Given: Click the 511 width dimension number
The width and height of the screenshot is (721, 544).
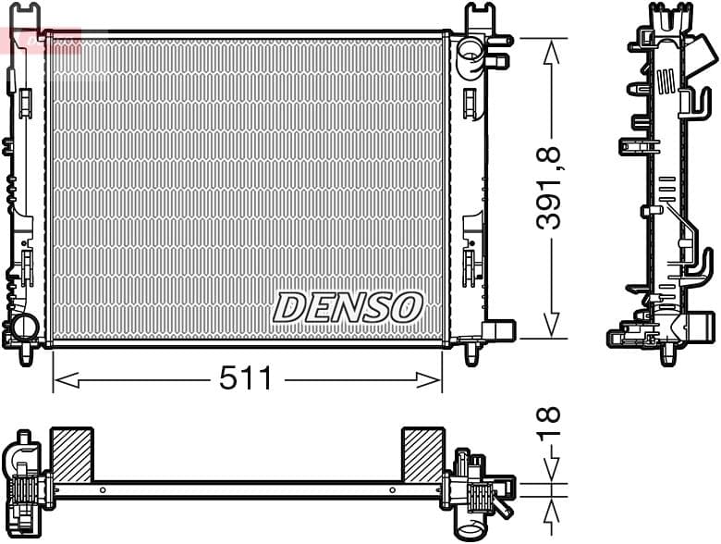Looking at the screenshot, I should coord(245,378).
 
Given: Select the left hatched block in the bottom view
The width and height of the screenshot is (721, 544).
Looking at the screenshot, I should coord(71,454).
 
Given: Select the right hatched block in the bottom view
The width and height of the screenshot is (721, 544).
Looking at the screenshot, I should coord(422,454).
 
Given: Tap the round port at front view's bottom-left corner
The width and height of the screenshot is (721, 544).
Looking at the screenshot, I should coord(22,328).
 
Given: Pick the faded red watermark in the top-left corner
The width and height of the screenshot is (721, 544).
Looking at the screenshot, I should coord(41,40).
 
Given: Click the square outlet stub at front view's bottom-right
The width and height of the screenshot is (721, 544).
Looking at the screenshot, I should coord(499,330).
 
